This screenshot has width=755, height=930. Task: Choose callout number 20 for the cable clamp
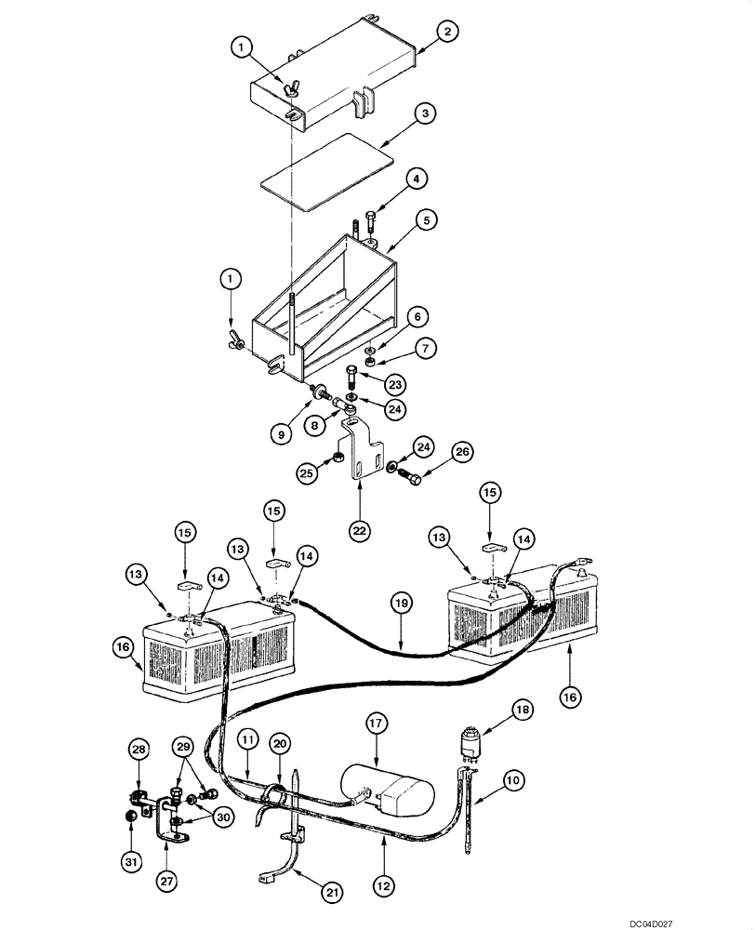(x=279, y=743)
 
